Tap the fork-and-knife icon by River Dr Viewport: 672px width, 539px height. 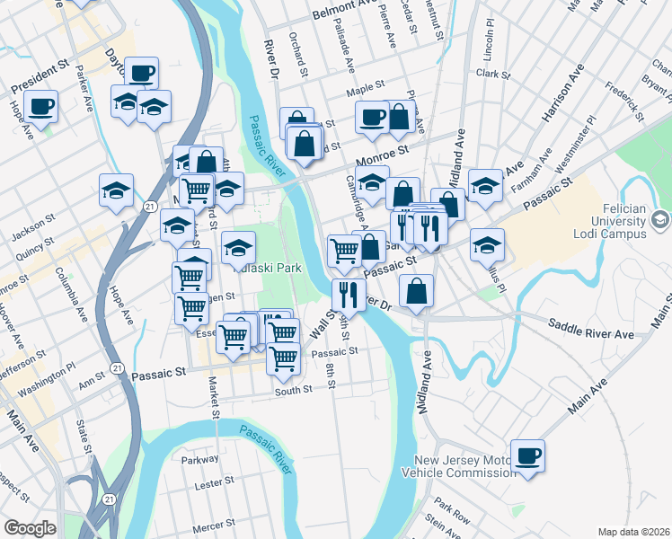[347, 293]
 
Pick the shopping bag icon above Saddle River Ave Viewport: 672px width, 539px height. [417, 290]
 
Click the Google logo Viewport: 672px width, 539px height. [30, 527]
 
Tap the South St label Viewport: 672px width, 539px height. [293, 390]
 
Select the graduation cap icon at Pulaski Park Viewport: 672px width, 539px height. [238, 247]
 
